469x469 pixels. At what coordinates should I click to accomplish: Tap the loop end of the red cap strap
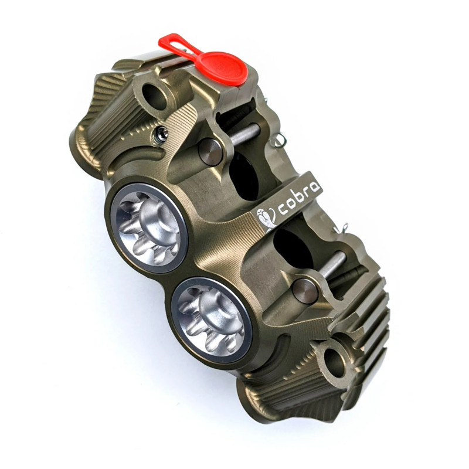tap(170, 42)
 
